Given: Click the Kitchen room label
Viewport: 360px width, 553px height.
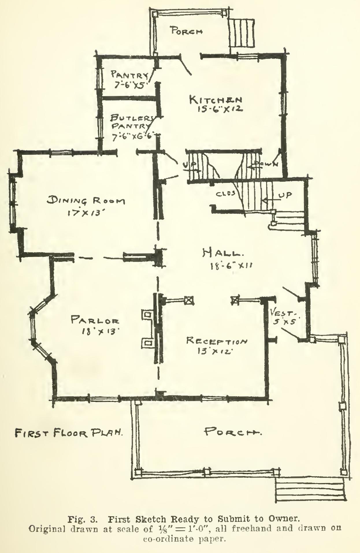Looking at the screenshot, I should coord(215,100).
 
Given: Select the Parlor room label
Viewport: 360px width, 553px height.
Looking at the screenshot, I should coord(95,320).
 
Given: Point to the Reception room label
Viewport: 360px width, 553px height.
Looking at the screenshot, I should coord(217,341).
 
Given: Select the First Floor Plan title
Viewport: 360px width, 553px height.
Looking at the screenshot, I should coord(69,433).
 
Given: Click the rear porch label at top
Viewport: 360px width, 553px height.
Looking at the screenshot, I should coord(185,31).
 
